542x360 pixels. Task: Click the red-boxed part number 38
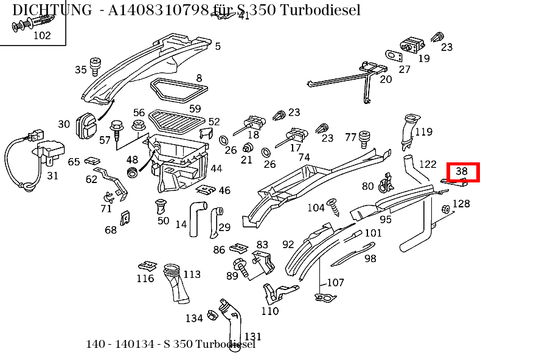462,172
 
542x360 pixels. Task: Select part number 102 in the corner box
42,35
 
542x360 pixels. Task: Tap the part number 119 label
423,132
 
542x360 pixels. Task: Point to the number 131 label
252,336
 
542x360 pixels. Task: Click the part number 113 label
192,274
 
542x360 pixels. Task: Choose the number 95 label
386,220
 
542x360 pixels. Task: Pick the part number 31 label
53,176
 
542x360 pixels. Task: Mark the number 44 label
216,168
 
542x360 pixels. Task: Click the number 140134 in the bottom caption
134,344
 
